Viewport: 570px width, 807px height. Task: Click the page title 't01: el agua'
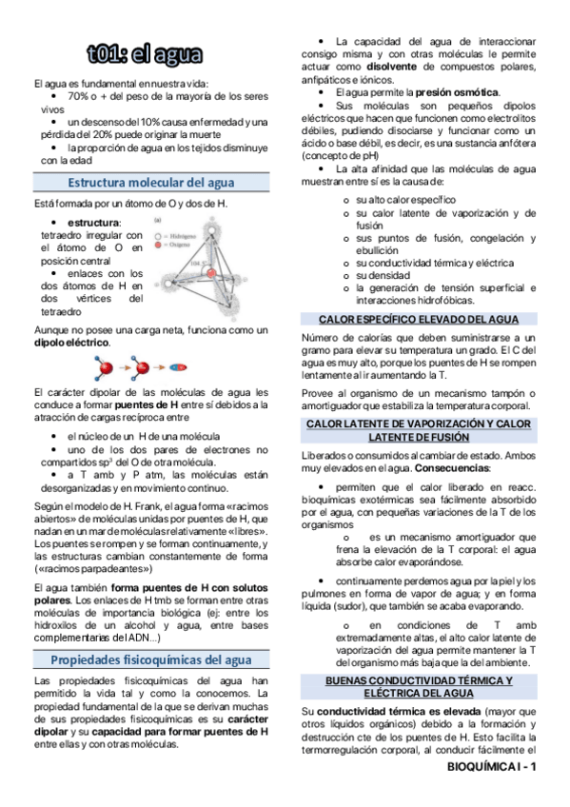point(152,54)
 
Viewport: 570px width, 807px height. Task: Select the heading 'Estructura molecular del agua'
point(151,182)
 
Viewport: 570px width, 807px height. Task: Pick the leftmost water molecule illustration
point(104,366)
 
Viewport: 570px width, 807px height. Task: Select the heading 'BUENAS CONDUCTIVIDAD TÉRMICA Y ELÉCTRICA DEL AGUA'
point(419,686)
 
